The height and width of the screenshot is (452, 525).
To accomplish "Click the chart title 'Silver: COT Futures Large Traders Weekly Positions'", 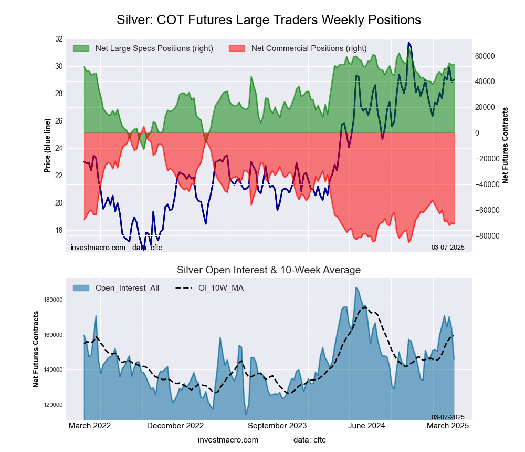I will tap(268, 20).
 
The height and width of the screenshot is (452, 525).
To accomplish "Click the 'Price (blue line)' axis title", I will tap(47, 146).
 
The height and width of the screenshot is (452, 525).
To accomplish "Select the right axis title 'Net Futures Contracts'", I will tap(505, 146).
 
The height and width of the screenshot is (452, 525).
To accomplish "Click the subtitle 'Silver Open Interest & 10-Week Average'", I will tap(268, 270).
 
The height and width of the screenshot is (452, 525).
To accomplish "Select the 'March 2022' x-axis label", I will tap(90, 426).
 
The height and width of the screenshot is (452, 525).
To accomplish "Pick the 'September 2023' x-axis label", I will tap(277, 426).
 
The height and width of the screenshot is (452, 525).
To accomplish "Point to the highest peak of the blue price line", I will tap(408, 42).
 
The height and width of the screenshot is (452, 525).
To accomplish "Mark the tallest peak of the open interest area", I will tap(356, 287).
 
